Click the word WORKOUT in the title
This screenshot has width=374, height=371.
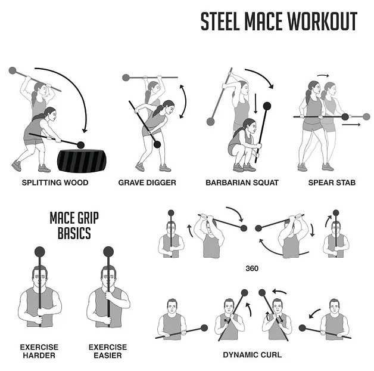[322, 21]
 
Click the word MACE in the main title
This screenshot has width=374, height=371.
[263, 21]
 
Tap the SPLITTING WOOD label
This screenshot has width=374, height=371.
[55, 183]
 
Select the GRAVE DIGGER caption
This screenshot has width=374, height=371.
[147, 183]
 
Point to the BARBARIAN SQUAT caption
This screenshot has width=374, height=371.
[242, 183]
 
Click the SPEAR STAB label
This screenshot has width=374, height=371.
[332, 183]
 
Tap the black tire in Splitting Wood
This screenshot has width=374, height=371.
[82, 161]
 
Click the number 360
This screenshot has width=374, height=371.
[252, 268]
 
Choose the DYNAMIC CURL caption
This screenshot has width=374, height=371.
[253, 355]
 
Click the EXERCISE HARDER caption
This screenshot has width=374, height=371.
[39, 351]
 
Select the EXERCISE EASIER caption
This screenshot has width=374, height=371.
[108, 351]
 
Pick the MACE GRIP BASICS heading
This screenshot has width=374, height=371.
[74, 225]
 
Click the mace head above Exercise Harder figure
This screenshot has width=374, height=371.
[39, 252]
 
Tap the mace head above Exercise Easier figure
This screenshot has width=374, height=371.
[108, 252]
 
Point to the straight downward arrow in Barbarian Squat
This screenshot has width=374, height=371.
[255, 103]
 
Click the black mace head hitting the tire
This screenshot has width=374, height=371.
[80, 145]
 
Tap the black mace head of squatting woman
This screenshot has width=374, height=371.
[267, 106]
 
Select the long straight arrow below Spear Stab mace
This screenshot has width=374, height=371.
[351, 125]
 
